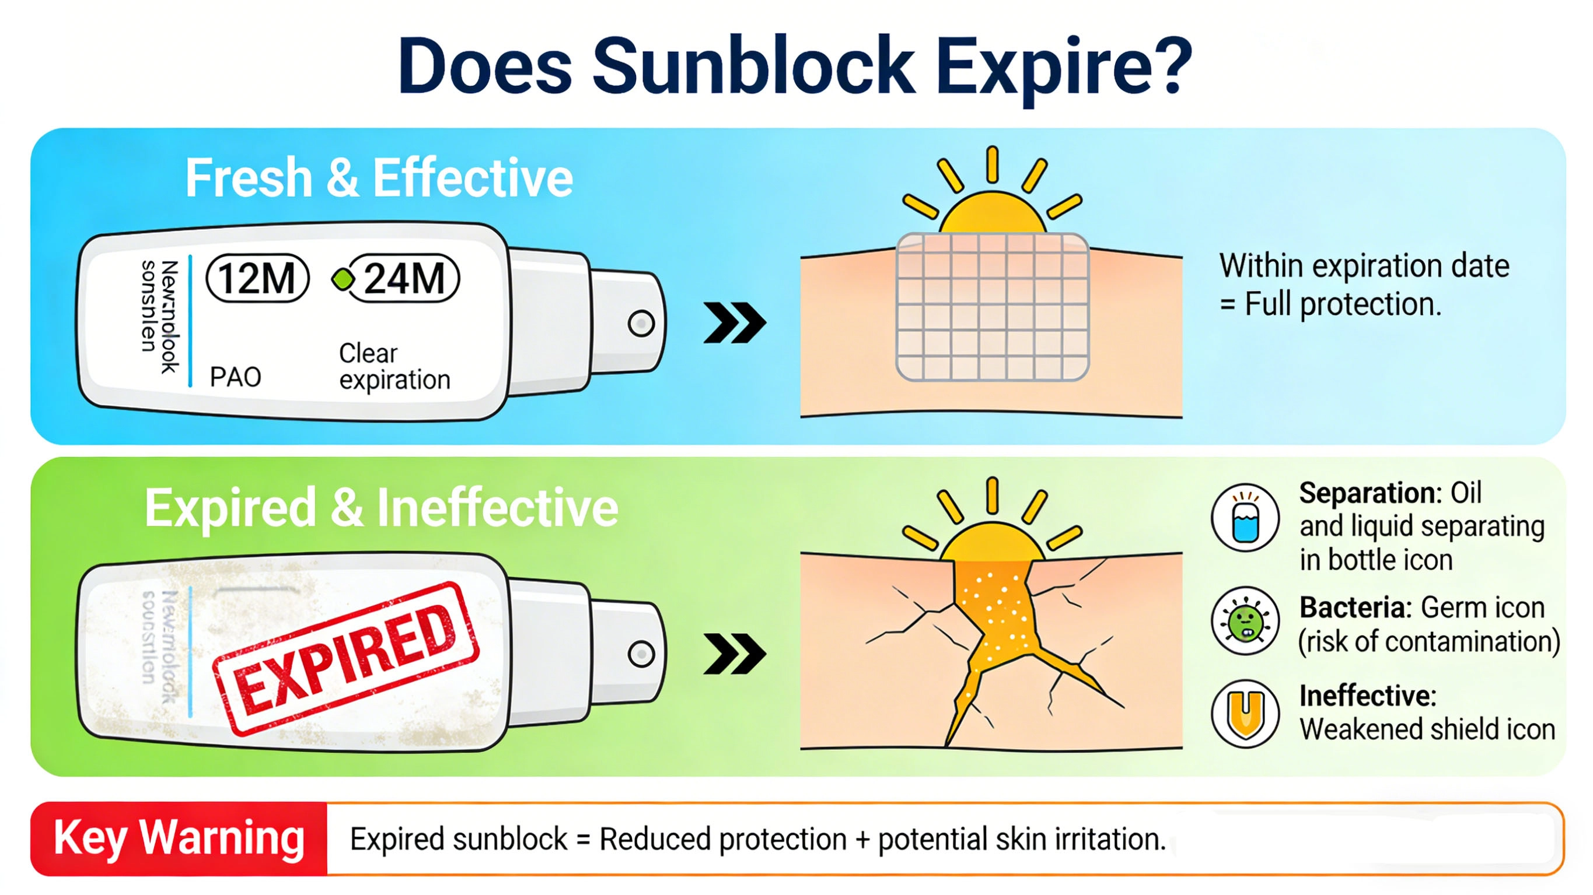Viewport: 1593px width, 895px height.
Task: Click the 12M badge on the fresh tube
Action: (x=257, y=278)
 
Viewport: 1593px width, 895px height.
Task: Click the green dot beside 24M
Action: (x=343, y=279)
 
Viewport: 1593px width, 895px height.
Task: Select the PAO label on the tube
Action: (x=235, y=377)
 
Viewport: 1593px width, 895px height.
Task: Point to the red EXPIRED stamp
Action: (x=345, y=659)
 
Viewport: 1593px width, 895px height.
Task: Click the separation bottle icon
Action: (x=1245, y=517)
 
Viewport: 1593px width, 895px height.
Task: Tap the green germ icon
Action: (x=1245, y=620)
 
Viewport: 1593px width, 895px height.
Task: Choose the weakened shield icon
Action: (x=1245, y=713)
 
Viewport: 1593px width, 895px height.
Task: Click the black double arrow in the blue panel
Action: (x=735, y=322)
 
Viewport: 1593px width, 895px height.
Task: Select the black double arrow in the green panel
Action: (x=735, y=654)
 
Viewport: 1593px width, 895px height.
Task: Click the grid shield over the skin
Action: (x=992, y=307)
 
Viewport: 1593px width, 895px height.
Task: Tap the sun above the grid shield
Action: (x=992, y=204)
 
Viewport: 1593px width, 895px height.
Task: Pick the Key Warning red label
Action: (x=179, y=839)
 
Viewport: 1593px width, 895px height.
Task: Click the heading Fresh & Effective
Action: (x=379, y=178)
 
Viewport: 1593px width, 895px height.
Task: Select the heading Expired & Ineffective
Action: (x=381, y=508)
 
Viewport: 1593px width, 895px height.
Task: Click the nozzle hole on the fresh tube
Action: (x=641, y=323)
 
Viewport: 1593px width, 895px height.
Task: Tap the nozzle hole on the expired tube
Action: (x=641, y=654)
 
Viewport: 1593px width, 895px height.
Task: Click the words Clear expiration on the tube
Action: (x=394, y=366)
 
